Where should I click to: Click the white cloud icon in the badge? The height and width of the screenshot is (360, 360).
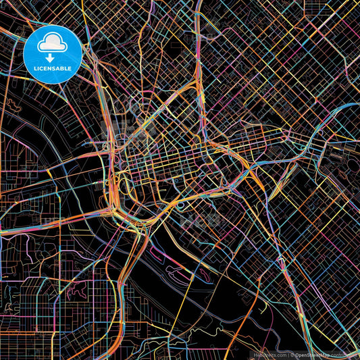coord(53,44)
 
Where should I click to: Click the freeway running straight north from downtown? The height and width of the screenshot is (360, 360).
coord(197,41)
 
